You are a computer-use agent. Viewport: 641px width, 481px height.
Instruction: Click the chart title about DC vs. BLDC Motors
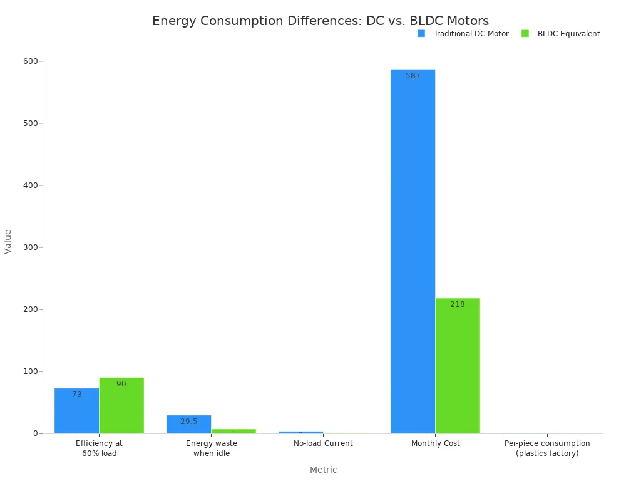click(320, 21)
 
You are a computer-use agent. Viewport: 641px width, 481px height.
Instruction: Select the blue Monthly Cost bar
click(413, 251)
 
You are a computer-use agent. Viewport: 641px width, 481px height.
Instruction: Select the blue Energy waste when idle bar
click(188, 424)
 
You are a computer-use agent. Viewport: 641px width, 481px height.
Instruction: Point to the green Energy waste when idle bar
click(233, 431)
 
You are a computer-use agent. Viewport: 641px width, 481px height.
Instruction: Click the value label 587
click(413, 76)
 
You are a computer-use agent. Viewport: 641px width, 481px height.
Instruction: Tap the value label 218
click(458, 304)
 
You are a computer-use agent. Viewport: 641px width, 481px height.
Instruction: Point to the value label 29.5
click(188, 422)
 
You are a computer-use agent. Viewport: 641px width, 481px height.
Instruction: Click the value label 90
click(121, 384)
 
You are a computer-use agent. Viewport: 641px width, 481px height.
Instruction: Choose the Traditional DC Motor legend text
click(471, 34)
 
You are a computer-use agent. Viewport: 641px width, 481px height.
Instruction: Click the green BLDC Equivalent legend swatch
click(525, 34)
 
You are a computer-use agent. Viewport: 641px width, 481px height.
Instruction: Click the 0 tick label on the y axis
click(35, 433)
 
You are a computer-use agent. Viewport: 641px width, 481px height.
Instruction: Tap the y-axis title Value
click(8, 241)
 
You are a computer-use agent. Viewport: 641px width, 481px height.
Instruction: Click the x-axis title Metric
click(323, 470)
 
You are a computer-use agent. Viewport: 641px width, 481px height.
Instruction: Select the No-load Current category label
click(323, 443)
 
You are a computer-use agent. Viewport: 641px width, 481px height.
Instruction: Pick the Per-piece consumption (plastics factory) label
click(547, 448)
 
